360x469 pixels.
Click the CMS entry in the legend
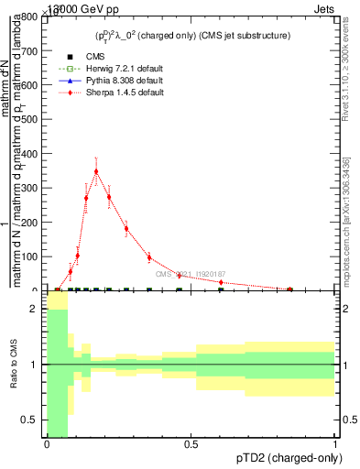coord(82,57)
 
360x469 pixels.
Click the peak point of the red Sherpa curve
coord(96,170)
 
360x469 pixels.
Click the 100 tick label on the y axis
coord(31,257)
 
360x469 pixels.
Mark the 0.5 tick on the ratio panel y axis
coord(31,420)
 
